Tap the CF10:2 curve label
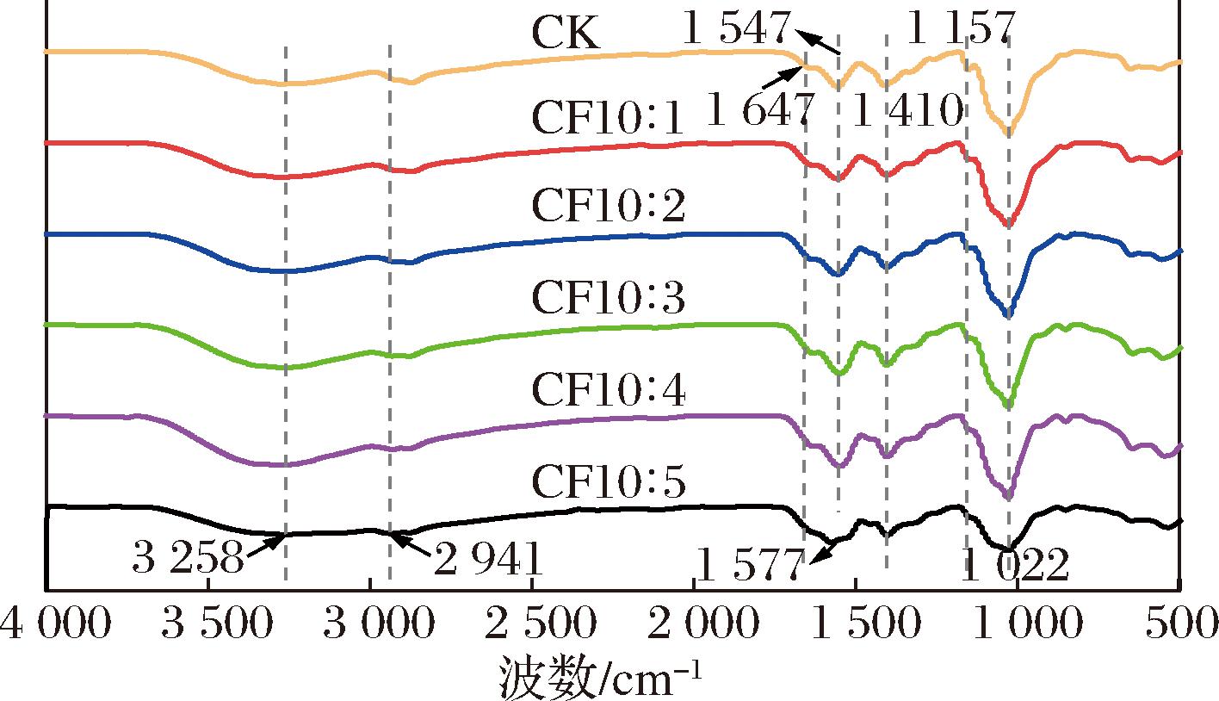coord(609,208)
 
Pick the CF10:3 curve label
coord(609,298)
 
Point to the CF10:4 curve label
coord(609,391)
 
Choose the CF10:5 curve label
coord(609,483)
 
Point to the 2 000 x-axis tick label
coord(694,623)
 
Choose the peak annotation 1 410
coord(906,110)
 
